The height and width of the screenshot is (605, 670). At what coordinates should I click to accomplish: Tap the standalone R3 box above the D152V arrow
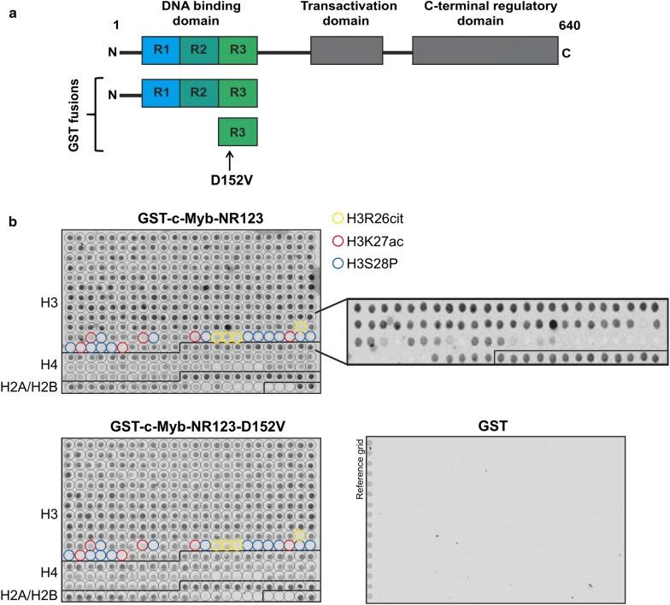coord(238,132)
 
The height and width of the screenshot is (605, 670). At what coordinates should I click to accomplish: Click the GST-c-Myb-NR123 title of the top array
coord(191,218)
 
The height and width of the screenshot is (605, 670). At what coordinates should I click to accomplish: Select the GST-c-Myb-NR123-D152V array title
coord(191,426)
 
